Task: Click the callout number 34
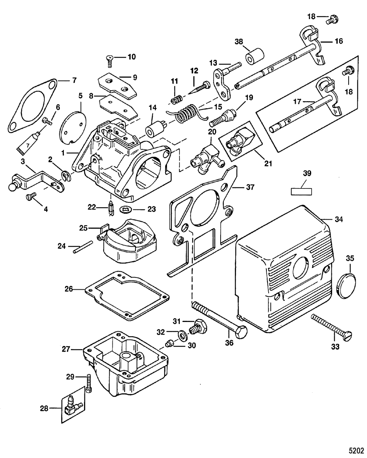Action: [x=338, y=219]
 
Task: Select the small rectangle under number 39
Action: [x=301, y=191]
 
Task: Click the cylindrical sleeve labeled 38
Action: [x=255, y=56]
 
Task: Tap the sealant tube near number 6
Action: [x=27, y=142]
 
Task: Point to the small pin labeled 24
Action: [x=83, y=247]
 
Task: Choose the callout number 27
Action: [x=66, y=349]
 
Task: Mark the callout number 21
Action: [x=268, y=164]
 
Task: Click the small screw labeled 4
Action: [x=31, y=196]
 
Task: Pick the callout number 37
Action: [x=250, y=187]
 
